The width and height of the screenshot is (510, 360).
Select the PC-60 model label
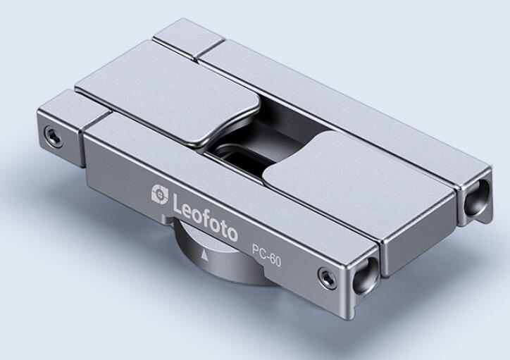pos(267,256)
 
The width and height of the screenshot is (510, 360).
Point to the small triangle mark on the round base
pos(204,254)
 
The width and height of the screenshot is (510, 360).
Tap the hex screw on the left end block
pos(52,134)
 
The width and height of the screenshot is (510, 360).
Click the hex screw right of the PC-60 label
pos(326,276)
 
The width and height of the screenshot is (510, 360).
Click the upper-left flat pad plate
pos(166,94)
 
